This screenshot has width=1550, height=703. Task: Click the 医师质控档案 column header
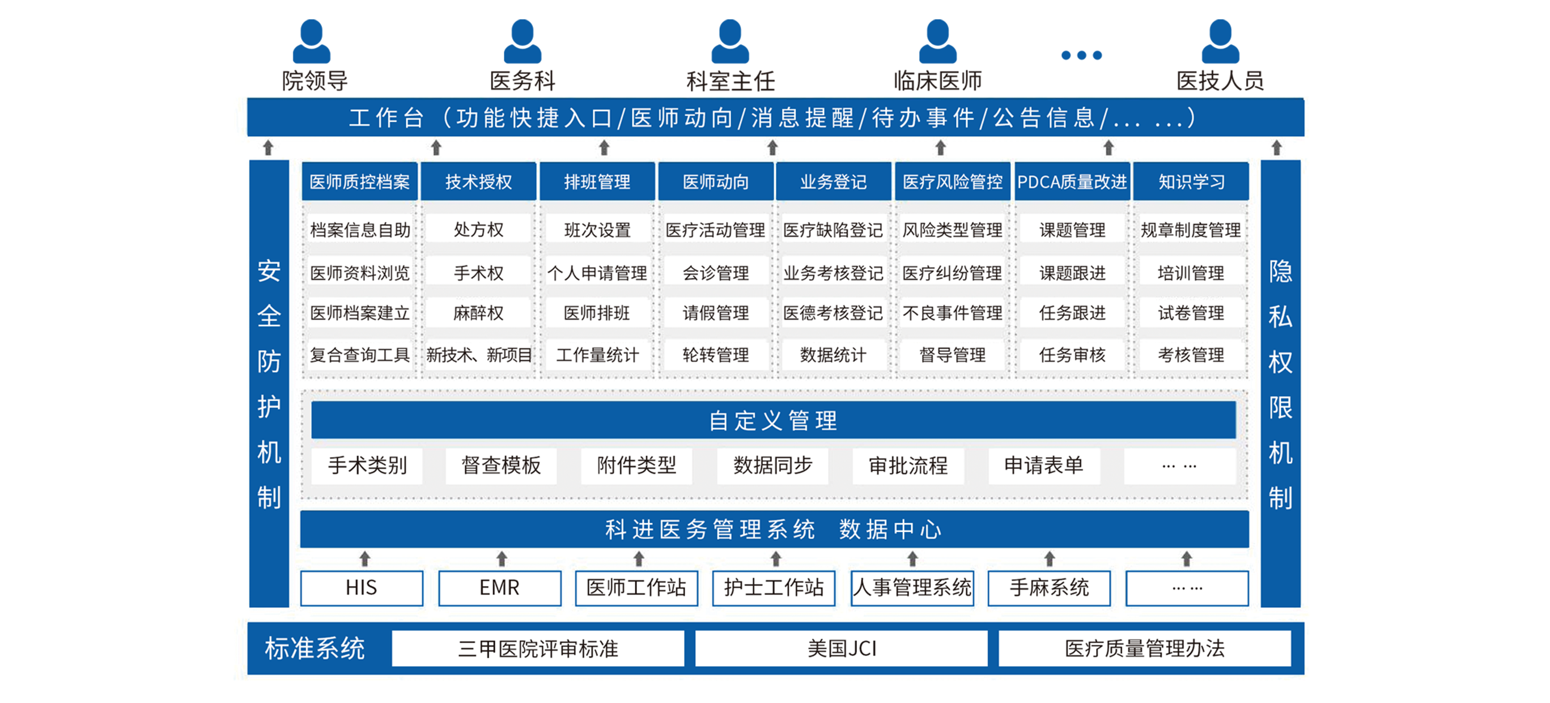(x=359, y=182)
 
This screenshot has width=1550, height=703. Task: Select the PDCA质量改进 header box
(x=1072, y=182)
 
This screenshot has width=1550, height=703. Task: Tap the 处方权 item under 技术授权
(x=478, y=229)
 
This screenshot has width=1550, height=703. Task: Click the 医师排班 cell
(x=597, y=313)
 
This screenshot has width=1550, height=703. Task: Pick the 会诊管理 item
(x=715, y=273)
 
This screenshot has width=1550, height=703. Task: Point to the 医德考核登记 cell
(x=833, y=313)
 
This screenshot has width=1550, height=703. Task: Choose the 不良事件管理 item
(x=952, y=313)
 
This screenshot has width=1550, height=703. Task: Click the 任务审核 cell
(x=1072, y=355)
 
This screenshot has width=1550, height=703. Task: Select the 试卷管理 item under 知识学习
(x=1191, y=313)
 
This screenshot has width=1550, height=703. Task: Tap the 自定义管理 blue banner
(x=773, y=421)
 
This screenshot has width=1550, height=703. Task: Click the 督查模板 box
(x=500, y=465)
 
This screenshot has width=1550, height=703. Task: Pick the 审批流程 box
(x=908, y=465)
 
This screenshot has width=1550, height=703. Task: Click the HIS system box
(x=362, y=588)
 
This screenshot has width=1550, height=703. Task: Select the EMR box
(x=499, y=588)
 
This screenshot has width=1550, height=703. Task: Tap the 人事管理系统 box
(x=912, y=588)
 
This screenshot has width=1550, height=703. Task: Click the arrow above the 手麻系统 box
(x=1050, y=559)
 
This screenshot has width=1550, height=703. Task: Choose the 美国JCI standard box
(x=841, y=649)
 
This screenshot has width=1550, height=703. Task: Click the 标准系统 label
(x=315, y=649)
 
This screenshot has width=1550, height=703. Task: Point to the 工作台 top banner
(x=775, y=118)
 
